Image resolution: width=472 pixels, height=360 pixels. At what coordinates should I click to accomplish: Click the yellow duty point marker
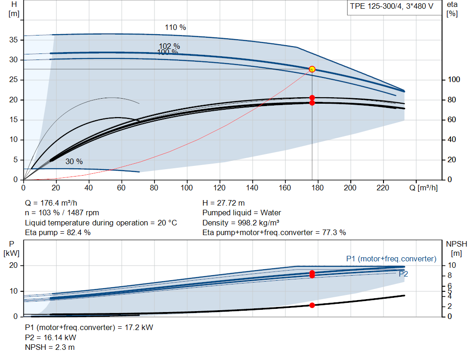(312, 69)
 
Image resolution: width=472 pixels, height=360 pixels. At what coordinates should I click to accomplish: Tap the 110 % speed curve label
(176, 27)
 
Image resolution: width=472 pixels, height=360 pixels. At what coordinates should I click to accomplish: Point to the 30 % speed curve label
(74, 162)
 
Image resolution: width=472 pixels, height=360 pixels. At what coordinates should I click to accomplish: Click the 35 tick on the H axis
(13, 40)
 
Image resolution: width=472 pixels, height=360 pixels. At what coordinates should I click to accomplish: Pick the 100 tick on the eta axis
(454, 79)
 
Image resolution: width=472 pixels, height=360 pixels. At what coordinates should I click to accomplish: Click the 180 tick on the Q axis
(318, 188)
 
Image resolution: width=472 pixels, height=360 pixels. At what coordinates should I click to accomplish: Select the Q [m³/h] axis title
(424, 188)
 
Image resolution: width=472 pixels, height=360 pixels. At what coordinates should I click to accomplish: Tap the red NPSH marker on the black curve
(312, 305)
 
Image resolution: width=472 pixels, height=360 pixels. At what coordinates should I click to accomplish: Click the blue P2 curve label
(403, 274)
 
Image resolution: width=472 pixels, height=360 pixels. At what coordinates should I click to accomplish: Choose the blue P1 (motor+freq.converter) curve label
(391, 259)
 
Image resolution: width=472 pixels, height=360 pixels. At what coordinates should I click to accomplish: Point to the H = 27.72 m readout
(224, 203)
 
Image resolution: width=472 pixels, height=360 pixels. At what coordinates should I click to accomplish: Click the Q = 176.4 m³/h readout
(51, 203)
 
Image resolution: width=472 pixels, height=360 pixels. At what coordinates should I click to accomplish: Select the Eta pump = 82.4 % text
(58, 233)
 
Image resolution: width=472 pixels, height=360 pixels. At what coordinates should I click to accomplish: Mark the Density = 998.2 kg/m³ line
(241, 223)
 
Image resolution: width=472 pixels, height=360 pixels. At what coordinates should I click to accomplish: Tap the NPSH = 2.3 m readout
(50, 348)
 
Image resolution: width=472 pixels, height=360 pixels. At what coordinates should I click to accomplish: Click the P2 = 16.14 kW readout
(51, 338)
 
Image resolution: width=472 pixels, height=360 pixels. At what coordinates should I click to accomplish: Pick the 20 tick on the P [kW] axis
(13, 266)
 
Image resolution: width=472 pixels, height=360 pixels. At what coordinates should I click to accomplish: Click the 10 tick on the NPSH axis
(452, 266)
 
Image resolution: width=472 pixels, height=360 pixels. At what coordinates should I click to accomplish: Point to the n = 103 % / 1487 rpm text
(62, 213)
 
